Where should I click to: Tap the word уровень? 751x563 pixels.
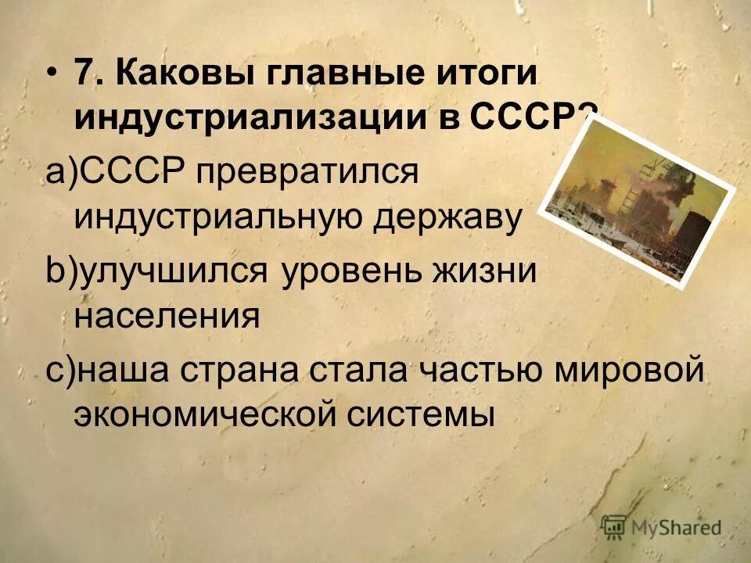click(343, 273)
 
